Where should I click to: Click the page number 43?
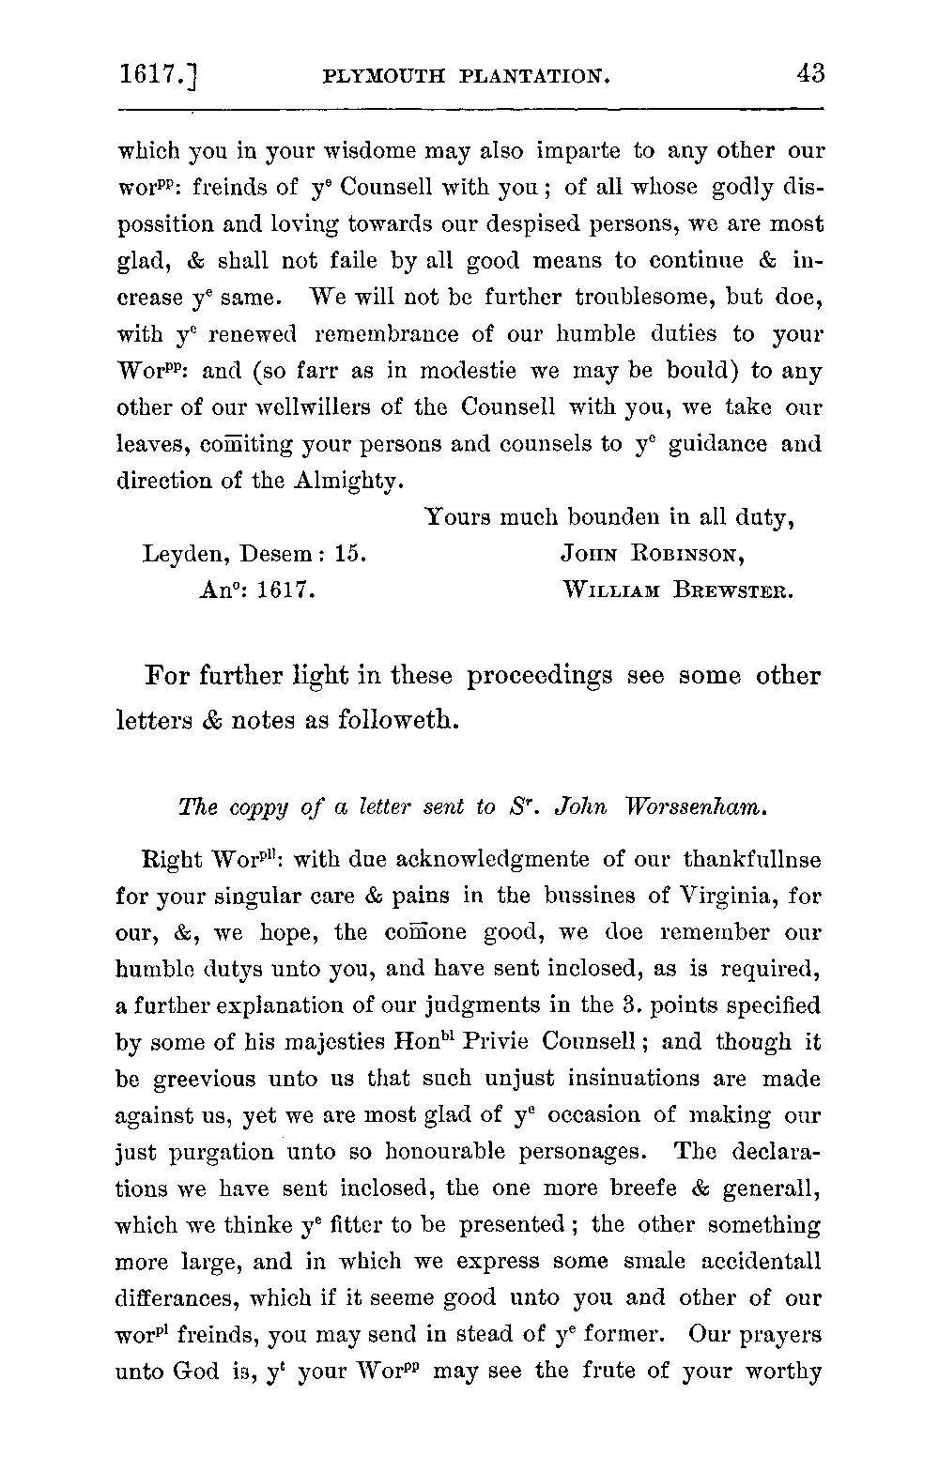808,73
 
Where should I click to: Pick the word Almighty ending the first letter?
348,482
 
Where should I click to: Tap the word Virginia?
720,896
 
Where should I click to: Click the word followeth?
381,720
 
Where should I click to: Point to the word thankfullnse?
752,859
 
